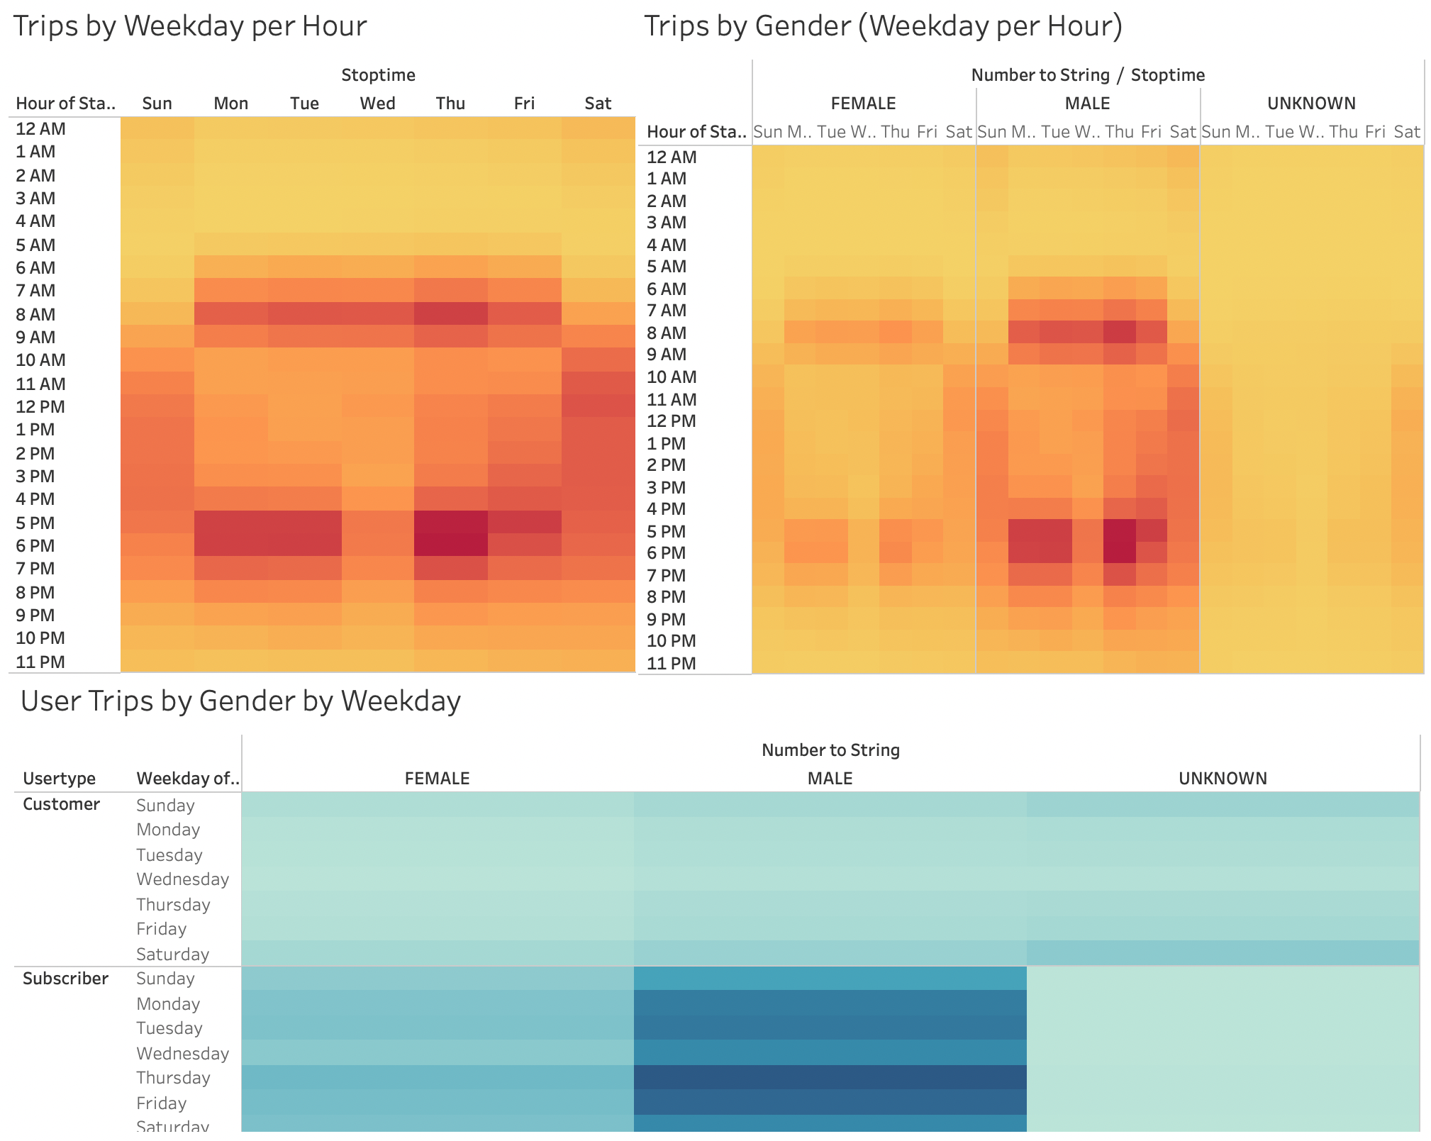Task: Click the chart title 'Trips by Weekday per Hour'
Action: [190, 26]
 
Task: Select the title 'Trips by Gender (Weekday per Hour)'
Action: [883, 26]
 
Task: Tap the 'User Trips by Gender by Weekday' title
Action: [241, 701]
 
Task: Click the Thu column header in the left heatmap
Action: [450, 104]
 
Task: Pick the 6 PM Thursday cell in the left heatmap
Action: [451, 545]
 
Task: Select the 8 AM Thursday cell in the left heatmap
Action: [451, 314]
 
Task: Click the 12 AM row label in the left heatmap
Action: [41, 129]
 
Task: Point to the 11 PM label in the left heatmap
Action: [40, 662]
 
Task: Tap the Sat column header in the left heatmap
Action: [598, 104]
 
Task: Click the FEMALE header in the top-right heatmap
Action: [863, 104]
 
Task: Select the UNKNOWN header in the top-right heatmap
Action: [1311, 104]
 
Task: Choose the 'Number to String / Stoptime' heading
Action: [1088, 75]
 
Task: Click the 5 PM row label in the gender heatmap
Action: [667, 531]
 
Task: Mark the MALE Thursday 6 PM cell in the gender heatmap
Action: [1119, 553]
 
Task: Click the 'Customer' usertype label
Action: [61, 804]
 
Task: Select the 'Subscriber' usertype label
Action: [65, 979]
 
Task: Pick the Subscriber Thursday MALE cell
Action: [830, 1078]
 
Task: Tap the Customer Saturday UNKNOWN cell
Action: [1223, 953]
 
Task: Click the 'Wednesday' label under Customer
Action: [183, 879]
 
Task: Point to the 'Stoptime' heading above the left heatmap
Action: [378, 75]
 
